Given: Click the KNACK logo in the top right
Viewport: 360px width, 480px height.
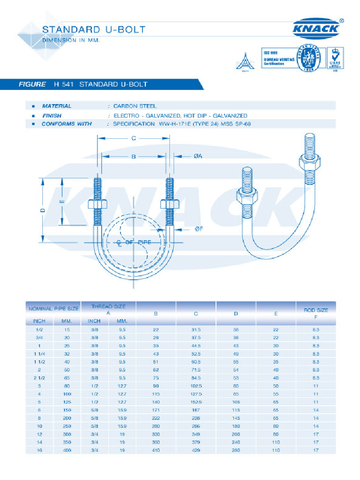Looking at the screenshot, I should point(316,29).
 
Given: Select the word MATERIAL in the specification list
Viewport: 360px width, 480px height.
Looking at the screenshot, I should point(57,106).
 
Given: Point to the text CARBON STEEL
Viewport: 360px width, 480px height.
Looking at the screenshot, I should point(135,106).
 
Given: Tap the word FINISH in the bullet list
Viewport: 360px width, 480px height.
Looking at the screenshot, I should point(52,115).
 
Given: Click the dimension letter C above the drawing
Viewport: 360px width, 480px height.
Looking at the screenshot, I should point(133,138).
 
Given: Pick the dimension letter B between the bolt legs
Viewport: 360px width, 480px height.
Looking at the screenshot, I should point(133,157).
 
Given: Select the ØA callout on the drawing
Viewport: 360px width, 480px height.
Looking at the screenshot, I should point(197,157).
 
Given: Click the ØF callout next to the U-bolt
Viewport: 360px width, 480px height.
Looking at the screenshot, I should point(198,229).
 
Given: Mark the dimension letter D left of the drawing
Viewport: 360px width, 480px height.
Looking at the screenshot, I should point(42,210).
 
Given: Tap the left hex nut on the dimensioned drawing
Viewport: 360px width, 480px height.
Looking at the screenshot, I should point(98,205).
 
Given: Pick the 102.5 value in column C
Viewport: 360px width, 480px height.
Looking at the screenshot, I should point(196,386).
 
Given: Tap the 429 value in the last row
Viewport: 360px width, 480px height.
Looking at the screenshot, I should point(196,450).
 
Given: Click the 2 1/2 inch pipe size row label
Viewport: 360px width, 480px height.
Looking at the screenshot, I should point(38,378).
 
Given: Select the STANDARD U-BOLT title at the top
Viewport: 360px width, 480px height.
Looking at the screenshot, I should point(94,30).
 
